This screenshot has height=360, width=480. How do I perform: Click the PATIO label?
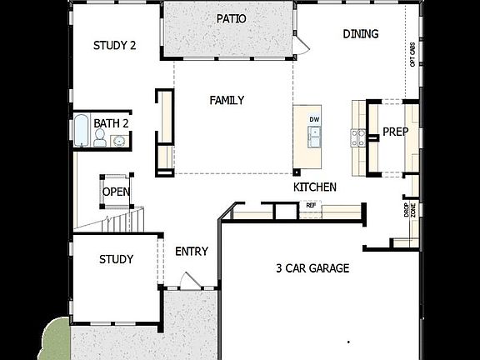click(231, 18)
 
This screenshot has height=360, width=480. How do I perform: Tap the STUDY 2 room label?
click(114, 46)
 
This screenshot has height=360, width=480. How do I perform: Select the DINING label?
click(361, 34)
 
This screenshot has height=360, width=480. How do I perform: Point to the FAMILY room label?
click(227, 100)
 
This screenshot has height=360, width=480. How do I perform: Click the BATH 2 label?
click(111, 123)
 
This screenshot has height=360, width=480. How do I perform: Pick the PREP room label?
click(395, 131)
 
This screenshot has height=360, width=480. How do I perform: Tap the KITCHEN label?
click(315, 187)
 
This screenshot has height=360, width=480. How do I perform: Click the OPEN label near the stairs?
click(116, 192)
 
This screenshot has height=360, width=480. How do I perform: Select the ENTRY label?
click(192, 252)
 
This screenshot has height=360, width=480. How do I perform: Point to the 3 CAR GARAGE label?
click(312, 268)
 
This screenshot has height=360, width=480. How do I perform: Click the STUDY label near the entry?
click(116, 259)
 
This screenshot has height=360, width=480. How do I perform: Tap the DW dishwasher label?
click(314, 119)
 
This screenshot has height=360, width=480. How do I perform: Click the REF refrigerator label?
click(311, 205)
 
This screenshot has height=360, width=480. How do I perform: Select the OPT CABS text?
click(412, 54)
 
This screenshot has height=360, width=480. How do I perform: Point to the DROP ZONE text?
click(409, 209)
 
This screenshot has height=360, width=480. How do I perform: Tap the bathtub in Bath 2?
click(82, 131)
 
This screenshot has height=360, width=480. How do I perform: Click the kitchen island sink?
click(315, 137)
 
